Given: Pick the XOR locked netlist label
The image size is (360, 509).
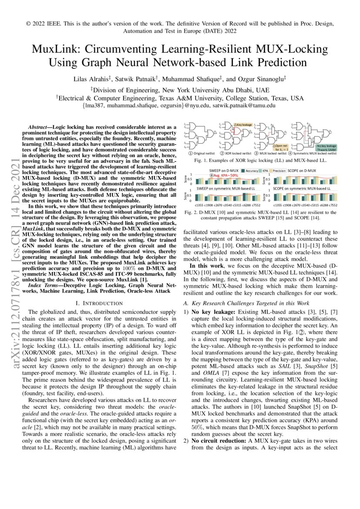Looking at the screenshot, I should (238, 153).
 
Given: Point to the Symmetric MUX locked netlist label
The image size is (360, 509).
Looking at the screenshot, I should (316, 153).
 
